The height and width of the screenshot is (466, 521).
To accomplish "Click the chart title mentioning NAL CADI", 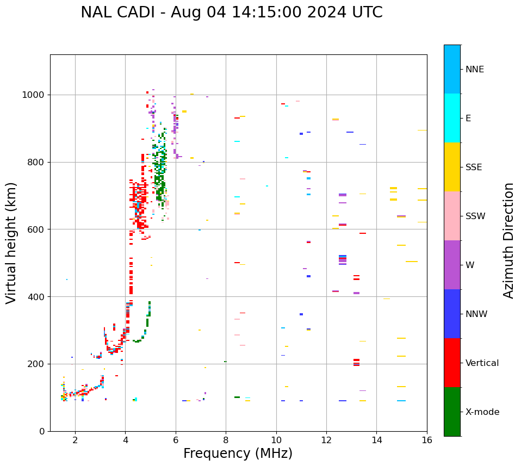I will coord(231,13).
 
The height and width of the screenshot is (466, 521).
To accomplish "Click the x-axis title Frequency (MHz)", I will coord(238,453).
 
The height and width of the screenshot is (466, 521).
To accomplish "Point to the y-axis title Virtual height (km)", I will coord(11,243).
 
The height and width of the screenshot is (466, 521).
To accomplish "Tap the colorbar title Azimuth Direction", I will coord(508,240).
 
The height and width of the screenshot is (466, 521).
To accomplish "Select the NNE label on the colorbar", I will coord(474,70).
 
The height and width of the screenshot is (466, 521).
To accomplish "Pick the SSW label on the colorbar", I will coord(475,216).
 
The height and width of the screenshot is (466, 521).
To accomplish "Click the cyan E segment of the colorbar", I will coord(452,118).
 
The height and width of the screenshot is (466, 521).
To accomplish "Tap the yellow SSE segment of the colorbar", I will coord(452,167).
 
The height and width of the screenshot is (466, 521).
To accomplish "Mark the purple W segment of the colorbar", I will coord(452,265).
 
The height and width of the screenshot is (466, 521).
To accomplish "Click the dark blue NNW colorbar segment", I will coord(452,314).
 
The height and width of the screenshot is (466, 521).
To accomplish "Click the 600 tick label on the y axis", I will coord(38,229).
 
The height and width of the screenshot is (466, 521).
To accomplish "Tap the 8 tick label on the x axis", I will coord(226,440).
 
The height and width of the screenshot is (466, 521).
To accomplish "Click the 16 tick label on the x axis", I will coord(427,440).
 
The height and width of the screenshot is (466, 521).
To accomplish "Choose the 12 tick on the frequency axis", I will coord(326,440).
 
